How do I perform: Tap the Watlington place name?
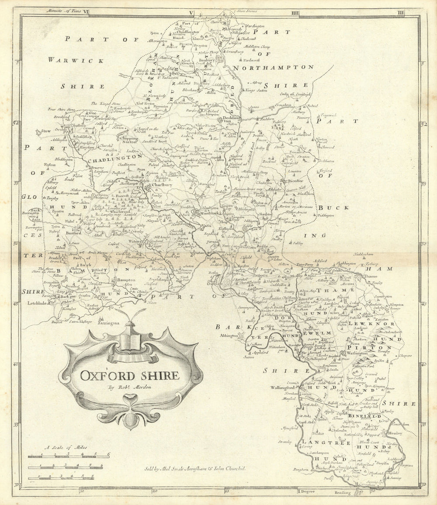pos(357,352)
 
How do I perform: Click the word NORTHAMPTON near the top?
pos(273,67)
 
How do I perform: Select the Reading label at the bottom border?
pos(342,492)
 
